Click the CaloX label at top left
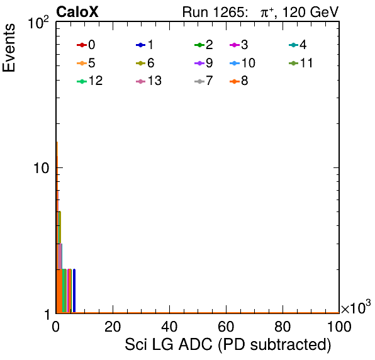77,12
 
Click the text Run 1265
213,12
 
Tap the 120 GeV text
311,12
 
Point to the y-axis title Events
9,48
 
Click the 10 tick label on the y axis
41,168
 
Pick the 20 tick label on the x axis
113,327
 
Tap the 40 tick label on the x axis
169,327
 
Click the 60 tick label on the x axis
226,327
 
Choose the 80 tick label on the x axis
283,327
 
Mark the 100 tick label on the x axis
339,327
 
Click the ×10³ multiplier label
356,307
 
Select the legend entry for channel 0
86,45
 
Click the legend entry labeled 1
145,45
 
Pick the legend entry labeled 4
298,45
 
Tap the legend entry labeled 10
242,63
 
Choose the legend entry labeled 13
148,81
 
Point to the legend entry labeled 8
239,81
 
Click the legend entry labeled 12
90,81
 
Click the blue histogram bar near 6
74,291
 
